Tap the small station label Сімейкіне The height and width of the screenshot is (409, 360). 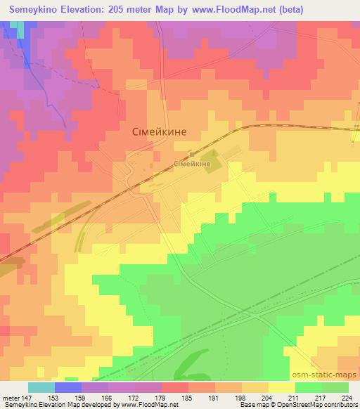click(x=193, y=164)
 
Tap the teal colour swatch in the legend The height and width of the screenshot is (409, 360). click(x=41, y=387)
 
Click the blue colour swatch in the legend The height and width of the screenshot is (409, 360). click(x=67, y=387)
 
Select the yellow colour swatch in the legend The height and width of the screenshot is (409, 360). click(x=281, y=387)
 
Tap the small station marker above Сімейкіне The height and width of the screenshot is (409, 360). click(x=192, y=155)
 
